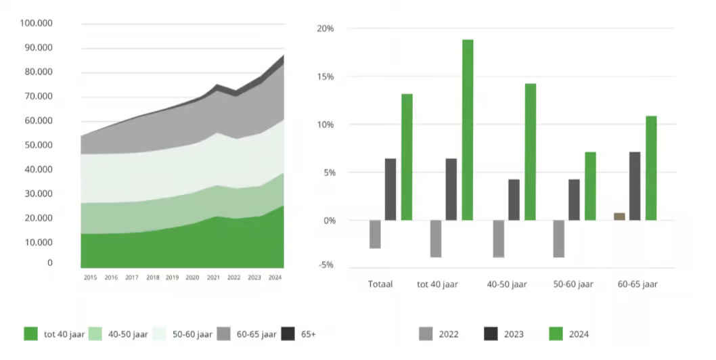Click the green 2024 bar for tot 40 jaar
pos(468,130)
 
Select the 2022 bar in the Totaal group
pos(375,234)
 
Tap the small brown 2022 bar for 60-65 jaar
pos(619,217)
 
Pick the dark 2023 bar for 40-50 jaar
pos(514,200)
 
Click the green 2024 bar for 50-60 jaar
pos(590,186)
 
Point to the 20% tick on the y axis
pos(325,28)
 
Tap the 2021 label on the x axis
pos(213,277)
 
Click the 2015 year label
pos(90,277)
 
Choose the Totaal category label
pos(380,284)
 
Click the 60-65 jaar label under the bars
pos(637,284)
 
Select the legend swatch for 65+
pos(288,334)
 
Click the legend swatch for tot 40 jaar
pos(30,334)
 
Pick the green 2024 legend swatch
pos(556,334)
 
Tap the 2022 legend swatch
pos(426,334)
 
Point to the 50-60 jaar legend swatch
pos(160,334)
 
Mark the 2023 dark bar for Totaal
pos(390,189)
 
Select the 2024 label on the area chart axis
pos(275,277)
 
